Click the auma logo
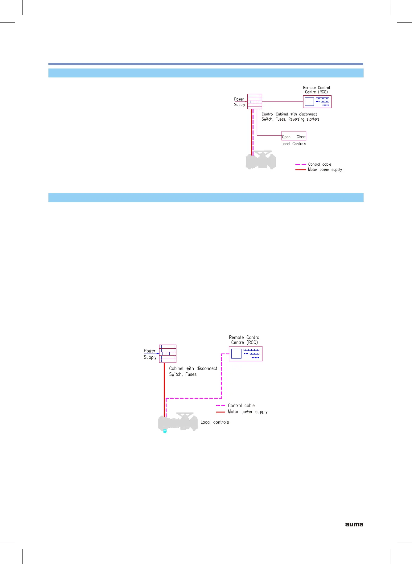click(x=354, y=524)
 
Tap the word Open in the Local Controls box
click(x=286, y=137)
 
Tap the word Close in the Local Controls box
click(x=301, y=137)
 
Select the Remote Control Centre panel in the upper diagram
click(x=317, y=102)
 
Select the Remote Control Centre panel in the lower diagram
click(x=245, y=354)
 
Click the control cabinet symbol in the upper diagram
click(x=254, y=102)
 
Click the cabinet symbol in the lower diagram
click(x=168, y=354)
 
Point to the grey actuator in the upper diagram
click(x=261, y=160)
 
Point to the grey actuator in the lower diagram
click(x=178, y=421)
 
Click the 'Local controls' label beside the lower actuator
click(x=215, y=422)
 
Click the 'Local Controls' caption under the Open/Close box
click(x=294, y=144)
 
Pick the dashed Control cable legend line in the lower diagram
click(x=220, y=405)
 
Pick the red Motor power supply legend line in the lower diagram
click(x=220, y=412)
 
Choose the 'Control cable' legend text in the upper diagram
click(x=319, y=164)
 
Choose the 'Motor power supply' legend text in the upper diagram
click(x=325, y=170)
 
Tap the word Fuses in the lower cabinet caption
click(x=191, y=374)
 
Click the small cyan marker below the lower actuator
click(x=165, y=431)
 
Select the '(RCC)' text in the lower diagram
click(x=252, y=342)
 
